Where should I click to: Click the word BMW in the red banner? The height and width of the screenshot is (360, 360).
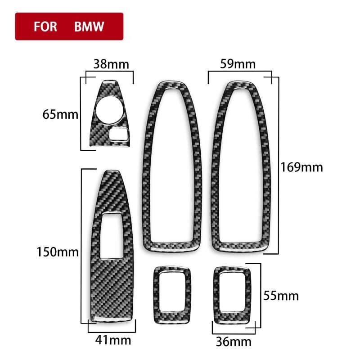click(x=89, y=27)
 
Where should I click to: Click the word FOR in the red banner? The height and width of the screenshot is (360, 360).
click(x=45, y=27)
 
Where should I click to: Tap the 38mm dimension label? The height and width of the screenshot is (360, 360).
click(x=111, y=64)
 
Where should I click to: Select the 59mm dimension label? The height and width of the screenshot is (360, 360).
click(x=238, y=64)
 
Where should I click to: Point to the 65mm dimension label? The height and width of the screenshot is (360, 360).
click(x=60, y=114)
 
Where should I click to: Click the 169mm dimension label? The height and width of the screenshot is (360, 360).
click(x=301, y=167)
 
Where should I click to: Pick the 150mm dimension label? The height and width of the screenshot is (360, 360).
click(x=58, y=252)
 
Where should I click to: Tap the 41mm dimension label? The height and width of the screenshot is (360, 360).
click(x=113, y=340)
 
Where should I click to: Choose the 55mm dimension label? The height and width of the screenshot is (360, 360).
click(x=281, y=296)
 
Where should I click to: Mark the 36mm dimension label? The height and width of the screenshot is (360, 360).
click(x=234, y=342)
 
